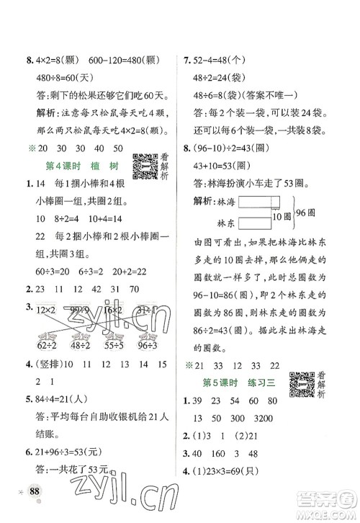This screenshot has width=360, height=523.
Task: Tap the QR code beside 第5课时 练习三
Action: click(x=300, y=384)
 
